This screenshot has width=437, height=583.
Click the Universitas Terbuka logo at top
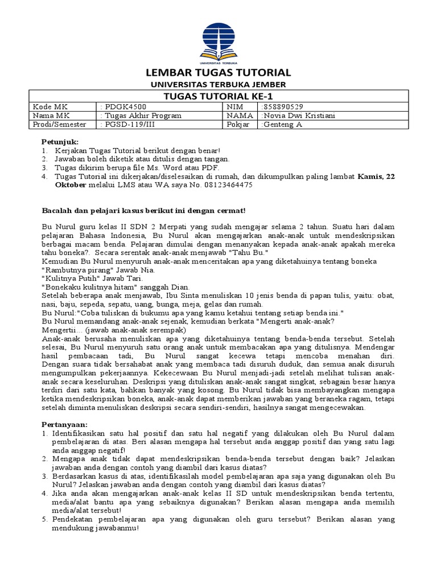(x=218, y=43)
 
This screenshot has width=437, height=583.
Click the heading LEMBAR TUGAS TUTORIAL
(x=218, y=72)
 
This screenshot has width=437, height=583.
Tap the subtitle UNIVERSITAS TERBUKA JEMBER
(x=218, y=84)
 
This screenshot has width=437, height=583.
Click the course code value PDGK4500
(x=118, y=106)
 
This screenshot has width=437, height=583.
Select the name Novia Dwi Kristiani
(x=298, y=116)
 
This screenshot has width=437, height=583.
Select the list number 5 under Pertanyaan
(x=44, y=519)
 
